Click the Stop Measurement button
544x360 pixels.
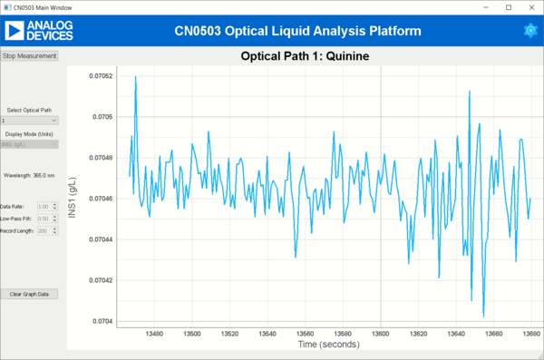(x=30, y=55)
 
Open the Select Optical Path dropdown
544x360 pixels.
(x=30, y=120)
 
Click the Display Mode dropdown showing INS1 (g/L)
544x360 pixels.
(x=30, y=143)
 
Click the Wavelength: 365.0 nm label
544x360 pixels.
(x=30, y=175)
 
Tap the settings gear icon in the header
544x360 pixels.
(x=530, y=31)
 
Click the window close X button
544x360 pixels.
(x=530, y=7)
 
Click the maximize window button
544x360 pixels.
(x=506, y=7)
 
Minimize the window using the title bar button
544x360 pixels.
(x=481, y=7)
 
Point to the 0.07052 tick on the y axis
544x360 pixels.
(x=100, y=75)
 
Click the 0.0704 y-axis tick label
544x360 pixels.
(x=102, y=321)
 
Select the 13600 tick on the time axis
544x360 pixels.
(x=381, y=334)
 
